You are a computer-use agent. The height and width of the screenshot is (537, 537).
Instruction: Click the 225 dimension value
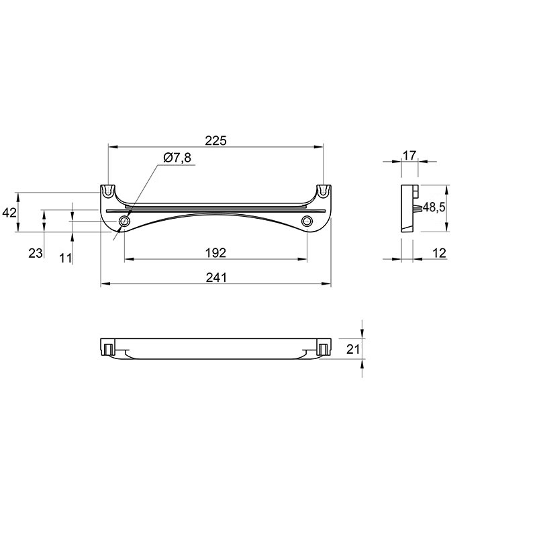pyautogui.click(x=215, y=140)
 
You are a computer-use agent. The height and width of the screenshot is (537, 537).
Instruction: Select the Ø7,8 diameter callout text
pyautogui.click(x=177, y=158)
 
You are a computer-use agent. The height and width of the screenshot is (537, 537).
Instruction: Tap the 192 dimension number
pyautogui.click(x=215, y=253)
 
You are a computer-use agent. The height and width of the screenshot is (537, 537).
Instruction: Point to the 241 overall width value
pyautogui.click(x=215, y=277)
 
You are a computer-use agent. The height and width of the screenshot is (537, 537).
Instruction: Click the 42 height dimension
pyautogui.click(x=9, y=213)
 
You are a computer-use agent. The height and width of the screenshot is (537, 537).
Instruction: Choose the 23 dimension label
pyautogui.click(x=36, y=254)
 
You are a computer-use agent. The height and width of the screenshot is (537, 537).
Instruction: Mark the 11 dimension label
pyautogui.click(x=65, y=258)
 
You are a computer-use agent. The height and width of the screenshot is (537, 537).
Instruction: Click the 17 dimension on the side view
pyautogui.click(x=409, y=156)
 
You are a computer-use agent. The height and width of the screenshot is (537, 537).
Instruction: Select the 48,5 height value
pyautogui.click(x=434, y=207)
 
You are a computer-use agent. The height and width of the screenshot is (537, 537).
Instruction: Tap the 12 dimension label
pyautogui.click(x=440, y=253)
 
